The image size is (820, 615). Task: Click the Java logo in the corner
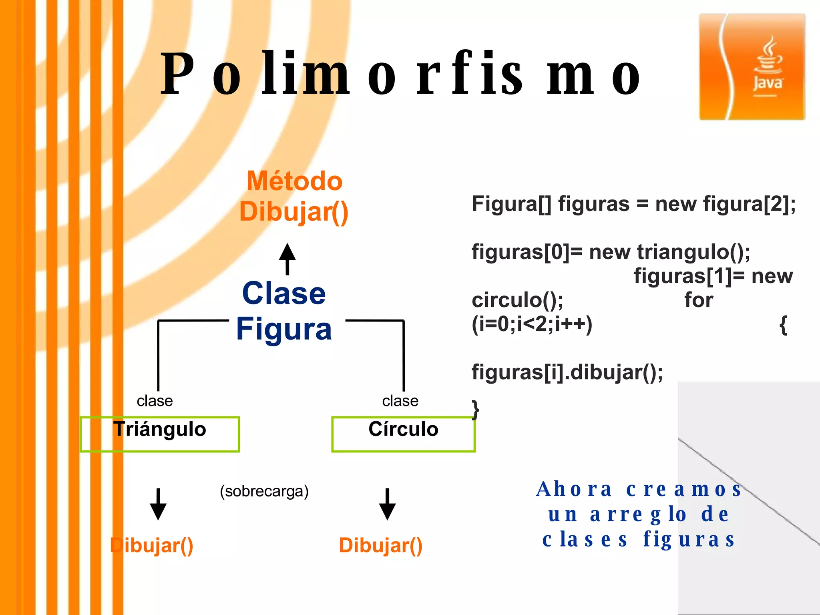752,66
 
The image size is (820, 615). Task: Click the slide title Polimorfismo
400,74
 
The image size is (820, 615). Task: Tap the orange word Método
294,181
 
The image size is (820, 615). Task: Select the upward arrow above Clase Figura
287,259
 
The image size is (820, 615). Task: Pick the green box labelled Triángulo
160,434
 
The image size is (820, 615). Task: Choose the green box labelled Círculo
403,434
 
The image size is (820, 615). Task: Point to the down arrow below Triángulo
158,504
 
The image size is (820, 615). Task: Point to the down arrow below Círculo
387,504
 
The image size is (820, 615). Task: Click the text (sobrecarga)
264,491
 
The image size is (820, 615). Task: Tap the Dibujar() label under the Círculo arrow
380,545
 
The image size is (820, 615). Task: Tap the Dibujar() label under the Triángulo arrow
152,545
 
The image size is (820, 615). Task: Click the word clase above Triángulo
155,401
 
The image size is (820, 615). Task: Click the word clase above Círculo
400,401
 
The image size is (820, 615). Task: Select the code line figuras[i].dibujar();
567,372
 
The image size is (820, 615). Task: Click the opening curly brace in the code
783,325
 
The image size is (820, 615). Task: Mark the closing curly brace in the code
475,410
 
